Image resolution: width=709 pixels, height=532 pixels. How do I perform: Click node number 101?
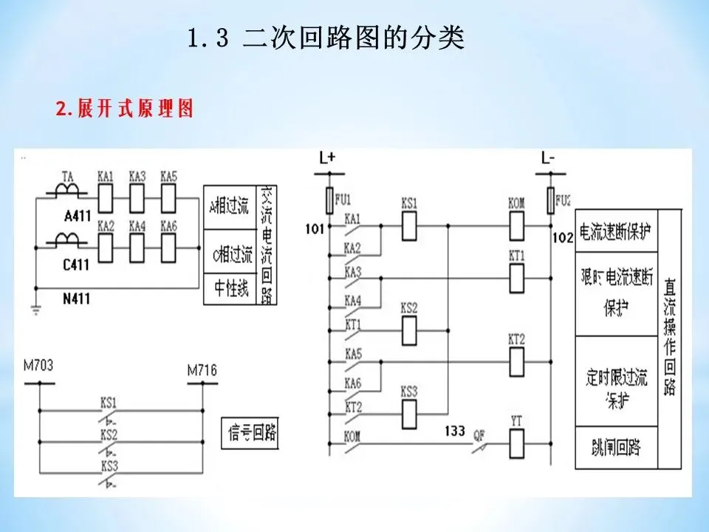coord(314,228)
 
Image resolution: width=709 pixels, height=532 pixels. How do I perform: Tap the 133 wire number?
coord(456,430)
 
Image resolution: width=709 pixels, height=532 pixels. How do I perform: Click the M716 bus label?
coord(202,370)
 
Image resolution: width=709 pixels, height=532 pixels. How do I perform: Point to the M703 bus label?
coord(38,366)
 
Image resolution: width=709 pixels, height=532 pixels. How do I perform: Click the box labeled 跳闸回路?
coord(616,448)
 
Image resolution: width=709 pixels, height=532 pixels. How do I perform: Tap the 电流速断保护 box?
coord(616,231)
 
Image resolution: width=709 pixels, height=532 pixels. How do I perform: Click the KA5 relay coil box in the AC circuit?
coord(168,197)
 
